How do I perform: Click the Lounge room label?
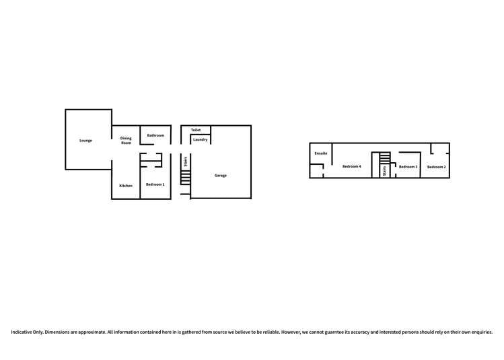[x=85, y=141]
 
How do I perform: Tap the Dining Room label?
[x=126, y=141]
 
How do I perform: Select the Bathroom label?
[x=155, y=135]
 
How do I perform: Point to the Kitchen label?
[x=126, y=186]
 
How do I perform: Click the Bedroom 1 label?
[x=155, y=184]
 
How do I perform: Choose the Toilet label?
[x=196, y=130]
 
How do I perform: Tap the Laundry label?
[x=200, y=140]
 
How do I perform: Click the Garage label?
[x=221, y=176]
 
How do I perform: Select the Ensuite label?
[x=321, y=153]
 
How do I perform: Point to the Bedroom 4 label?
[x=351, y=166]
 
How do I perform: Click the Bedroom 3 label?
[x=408, y=166]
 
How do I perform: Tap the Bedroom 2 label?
[x=436, y=167]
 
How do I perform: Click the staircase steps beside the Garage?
[x=186, y=176]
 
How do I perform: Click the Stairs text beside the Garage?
[x=186, y=161]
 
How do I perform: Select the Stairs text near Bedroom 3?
[x=384, y=172]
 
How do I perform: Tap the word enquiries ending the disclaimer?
[x=481, y=331]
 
